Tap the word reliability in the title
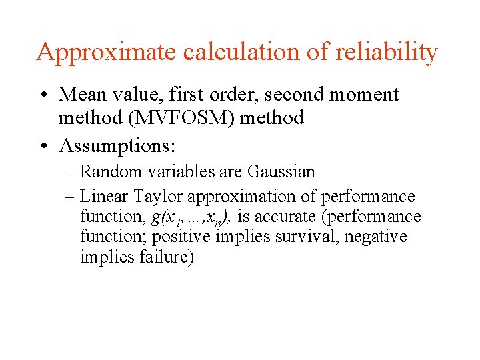tap(381, 52)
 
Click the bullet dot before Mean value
tap(43, 95)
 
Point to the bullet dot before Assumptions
tap(43, 144)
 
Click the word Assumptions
tap(114, 144)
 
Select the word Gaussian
tap(281, 171)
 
